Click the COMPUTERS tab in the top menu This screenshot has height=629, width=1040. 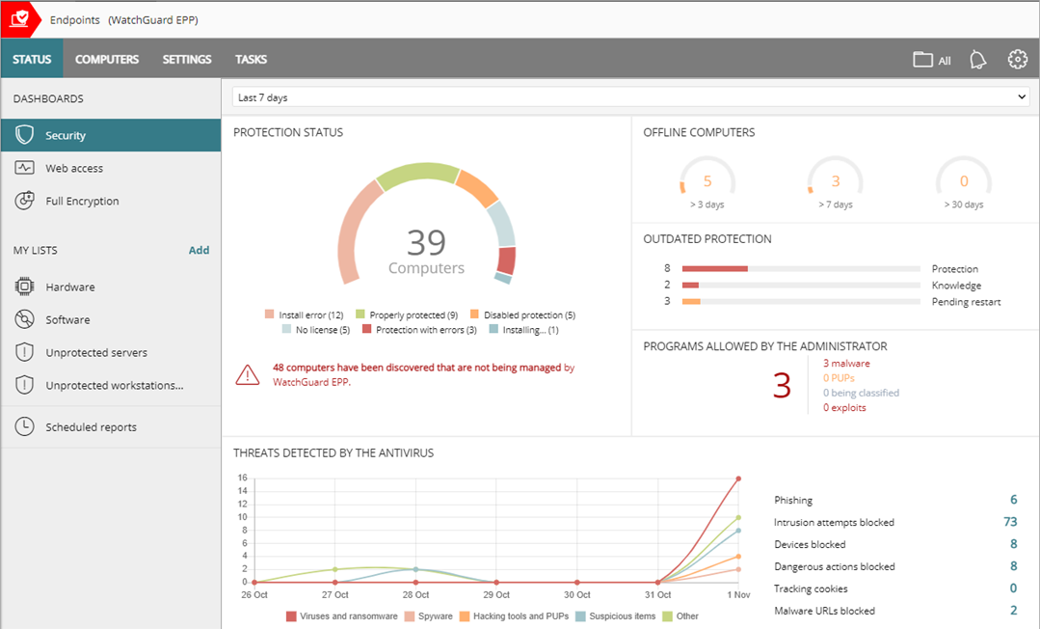(x=107, y=59)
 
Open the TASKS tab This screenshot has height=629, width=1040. (x=251, y=59)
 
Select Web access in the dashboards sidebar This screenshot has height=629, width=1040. (x=74, y=168)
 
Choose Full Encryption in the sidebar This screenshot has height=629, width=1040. (x=82, y=201)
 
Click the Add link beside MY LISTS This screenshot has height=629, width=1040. (x=199, y=250)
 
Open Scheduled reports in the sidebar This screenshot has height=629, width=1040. (x=91, y=426)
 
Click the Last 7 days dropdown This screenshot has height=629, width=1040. (x=630, y=97)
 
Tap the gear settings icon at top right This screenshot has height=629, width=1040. (x=1017, y=60)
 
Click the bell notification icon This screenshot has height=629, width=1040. (x=977, y=60)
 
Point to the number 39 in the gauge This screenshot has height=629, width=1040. (x=426, y=242)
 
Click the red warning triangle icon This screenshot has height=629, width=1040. (x=248, y=375)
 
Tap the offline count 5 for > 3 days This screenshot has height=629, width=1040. (x=707, y=181)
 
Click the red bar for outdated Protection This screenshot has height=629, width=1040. (x=714, y=268)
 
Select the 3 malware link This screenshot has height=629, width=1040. (x=846, y=364)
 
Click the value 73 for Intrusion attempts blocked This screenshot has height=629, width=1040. (x=1009, y=522)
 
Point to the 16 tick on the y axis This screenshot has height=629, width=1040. (x=243, y=478)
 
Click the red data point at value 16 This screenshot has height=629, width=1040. (x=738, y=479)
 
